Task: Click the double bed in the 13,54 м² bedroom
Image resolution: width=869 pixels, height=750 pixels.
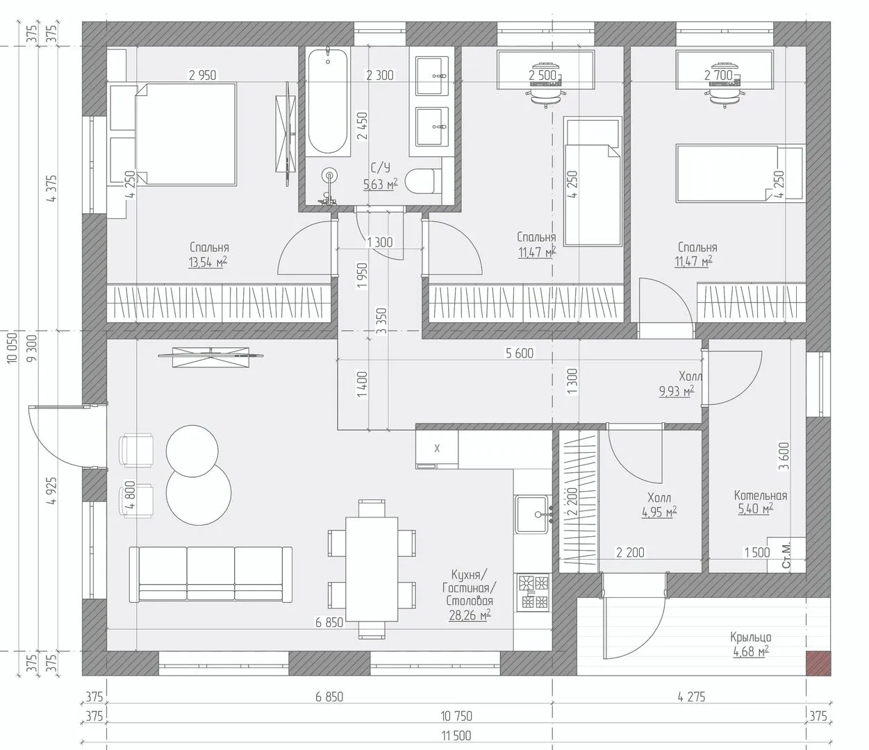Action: point(186,134)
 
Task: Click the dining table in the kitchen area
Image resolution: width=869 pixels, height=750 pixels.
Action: point(372,569)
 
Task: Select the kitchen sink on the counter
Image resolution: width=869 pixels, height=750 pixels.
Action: point(533,514)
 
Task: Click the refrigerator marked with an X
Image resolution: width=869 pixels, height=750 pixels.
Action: point(437,449)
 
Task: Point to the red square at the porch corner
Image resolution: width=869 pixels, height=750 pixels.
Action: point(818,663)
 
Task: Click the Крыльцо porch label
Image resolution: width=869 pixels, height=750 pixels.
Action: point(750,637)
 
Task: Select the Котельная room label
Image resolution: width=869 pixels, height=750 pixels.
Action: point(760,495)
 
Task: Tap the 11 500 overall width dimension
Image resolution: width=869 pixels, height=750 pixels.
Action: point(456,735)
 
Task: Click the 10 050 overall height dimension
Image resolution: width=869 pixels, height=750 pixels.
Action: point(13,347)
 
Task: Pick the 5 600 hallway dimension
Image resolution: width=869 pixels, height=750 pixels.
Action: point(520,353)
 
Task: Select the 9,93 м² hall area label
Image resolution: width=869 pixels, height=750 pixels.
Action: point(677,392)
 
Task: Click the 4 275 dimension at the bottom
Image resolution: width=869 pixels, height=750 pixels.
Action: point(692,697)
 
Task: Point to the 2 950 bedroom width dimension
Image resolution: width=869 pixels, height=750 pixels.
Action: point(203,75)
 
